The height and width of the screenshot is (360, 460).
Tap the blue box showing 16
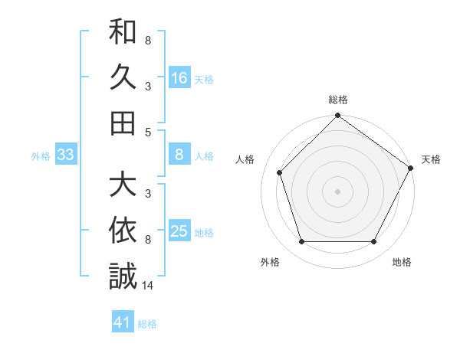[x=179, y=77]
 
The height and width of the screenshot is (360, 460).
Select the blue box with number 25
[x=179, y=231]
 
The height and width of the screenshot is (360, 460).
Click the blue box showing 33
[x=65, y=155]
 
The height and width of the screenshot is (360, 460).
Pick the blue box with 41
[x=123, y=322]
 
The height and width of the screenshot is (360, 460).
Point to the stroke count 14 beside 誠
[x=148, y=286]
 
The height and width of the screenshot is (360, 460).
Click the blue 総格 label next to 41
[x=147, y=324]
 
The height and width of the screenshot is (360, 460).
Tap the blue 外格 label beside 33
[x=40, y=156]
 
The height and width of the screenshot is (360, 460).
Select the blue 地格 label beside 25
[x=204, y=233]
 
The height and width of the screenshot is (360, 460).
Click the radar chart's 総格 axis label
[x=337, y=100]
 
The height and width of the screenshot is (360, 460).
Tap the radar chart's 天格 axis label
[x=431, y=159]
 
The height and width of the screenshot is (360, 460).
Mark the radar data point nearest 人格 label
[x=280, y=172]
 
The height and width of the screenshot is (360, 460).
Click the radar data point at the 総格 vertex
[x=337, y=116]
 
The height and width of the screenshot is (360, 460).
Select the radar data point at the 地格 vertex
[x=373, y=241]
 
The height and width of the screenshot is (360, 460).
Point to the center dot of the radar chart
[x=337, y=191]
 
